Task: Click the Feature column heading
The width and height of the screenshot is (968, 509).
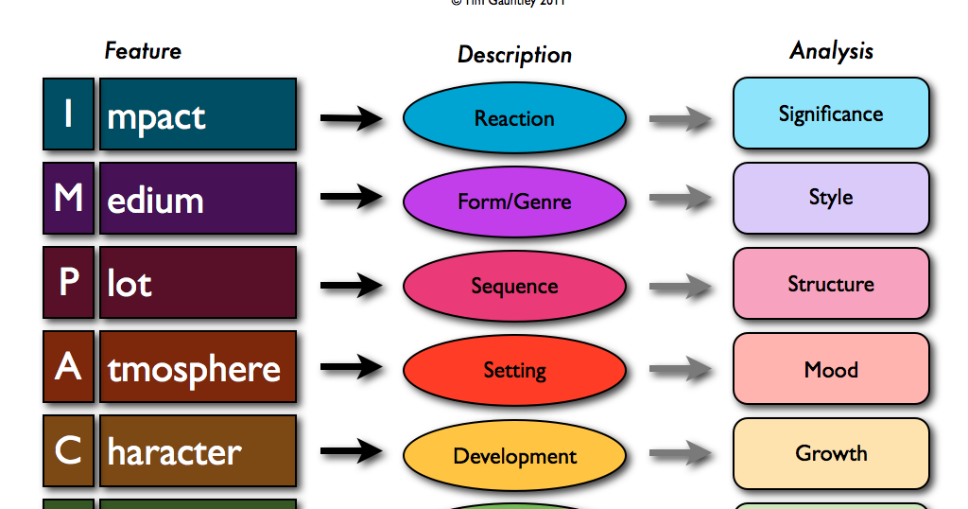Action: click(143, 50)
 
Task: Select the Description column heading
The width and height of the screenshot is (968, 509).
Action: click(514, 55)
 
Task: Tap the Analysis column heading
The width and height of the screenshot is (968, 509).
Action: click(831, 51)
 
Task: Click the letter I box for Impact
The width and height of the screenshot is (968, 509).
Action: click(68, 114)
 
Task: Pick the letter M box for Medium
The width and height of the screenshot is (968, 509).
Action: click(68, 199)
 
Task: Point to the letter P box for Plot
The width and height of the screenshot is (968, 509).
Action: click(68, 283)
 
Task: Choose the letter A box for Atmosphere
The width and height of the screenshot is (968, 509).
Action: click(68, 367)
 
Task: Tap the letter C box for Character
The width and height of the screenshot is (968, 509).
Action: click(68, 451)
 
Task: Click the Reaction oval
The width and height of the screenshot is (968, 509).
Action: click(514, 118)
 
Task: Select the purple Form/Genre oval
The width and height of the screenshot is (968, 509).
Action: click(514, 202)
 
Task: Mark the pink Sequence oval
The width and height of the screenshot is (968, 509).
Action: click(514, 286)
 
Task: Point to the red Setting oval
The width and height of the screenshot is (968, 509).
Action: click(514, 370)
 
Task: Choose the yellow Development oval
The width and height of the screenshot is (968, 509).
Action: click(514, 455)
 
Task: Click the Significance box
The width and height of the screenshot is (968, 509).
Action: click(831, 114)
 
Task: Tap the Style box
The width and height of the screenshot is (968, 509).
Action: click(831, 198)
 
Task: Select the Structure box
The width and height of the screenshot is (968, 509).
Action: click(831, 283)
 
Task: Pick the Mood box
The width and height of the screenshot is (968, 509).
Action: click(831, 368)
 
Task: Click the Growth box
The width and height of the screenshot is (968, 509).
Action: click(831, 453)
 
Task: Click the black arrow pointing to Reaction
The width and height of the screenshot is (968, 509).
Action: click(351, 118)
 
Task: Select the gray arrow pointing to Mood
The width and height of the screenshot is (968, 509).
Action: click(680, 370)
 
